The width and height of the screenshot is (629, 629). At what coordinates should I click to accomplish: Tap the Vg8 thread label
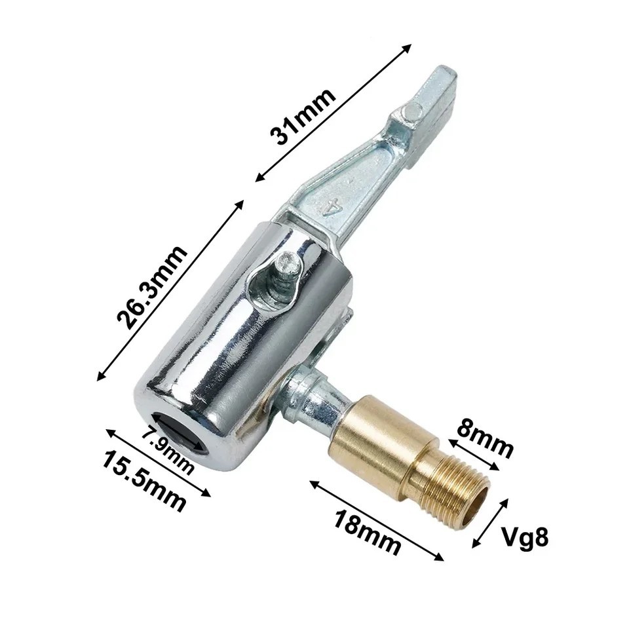click(524, 537)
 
